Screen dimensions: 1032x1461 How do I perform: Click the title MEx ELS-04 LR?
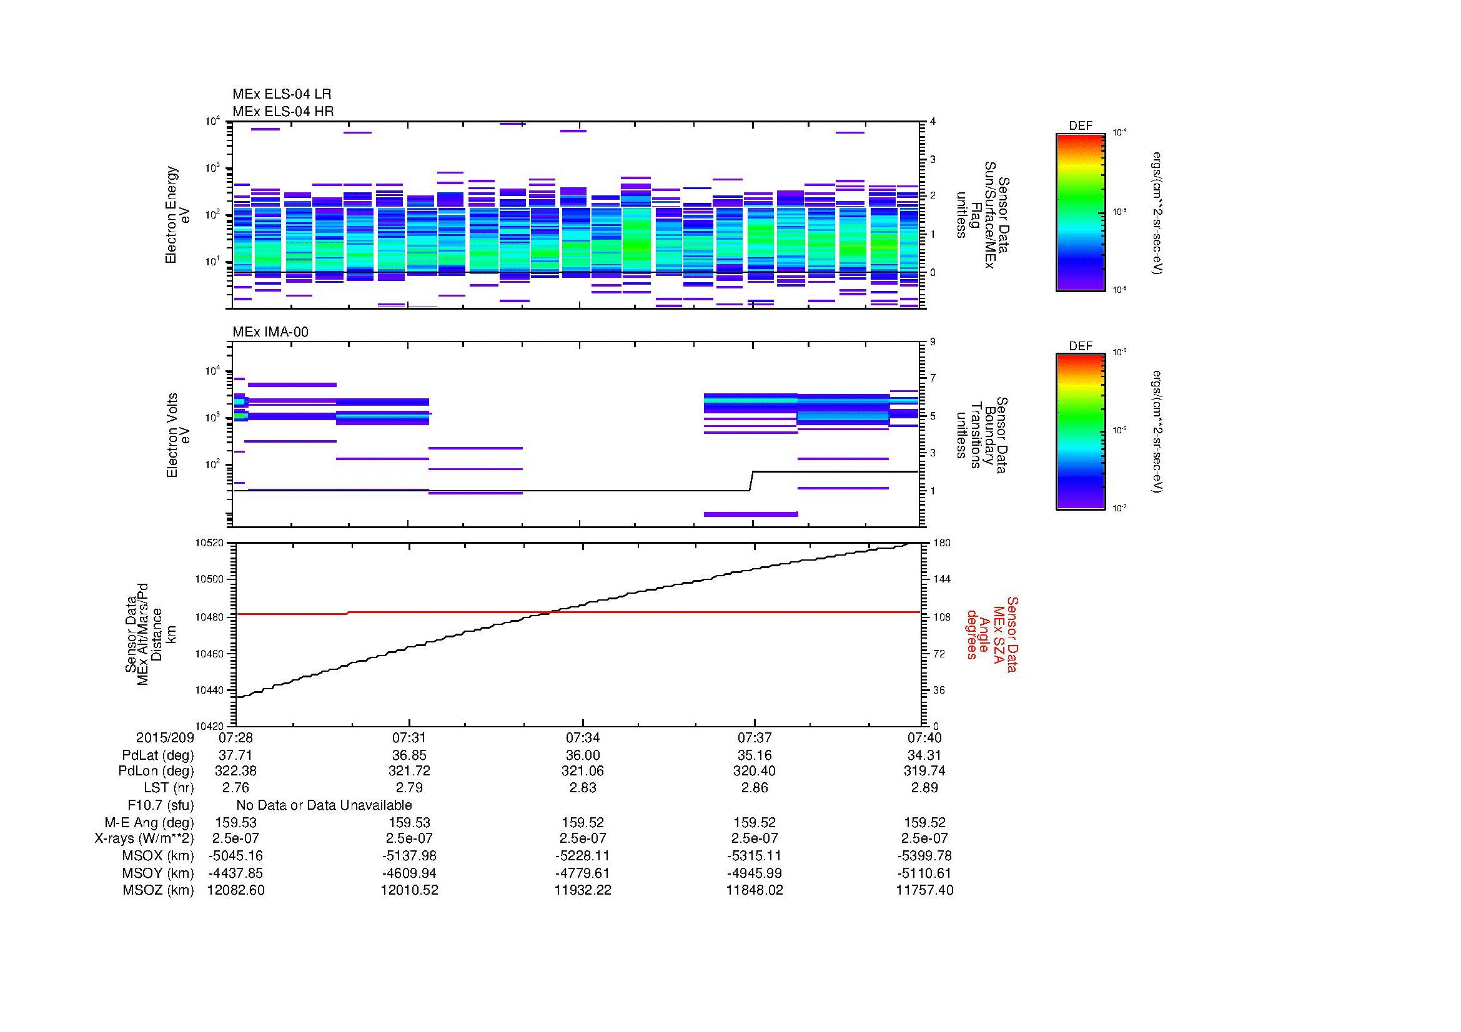281,94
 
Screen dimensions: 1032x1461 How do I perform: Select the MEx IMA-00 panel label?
270,332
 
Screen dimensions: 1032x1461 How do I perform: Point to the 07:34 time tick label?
582,738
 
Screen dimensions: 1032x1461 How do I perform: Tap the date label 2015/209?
164,738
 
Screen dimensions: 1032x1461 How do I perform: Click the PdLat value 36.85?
409,755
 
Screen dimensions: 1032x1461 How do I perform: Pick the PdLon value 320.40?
755,771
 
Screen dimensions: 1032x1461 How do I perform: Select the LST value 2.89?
924,788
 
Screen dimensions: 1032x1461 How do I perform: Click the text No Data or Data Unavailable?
324,805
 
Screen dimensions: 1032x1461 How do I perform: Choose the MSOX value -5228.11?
582,856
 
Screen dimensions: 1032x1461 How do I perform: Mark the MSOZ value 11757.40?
924,890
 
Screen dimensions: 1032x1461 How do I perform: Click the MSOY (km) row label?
158,873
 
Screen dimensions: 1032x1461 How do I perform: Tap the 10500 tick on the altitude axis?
210,579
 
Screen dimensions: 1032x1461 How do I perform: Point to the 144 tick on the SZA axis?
942,579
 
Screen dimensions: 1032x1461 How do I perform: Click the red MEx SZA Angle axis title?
991,634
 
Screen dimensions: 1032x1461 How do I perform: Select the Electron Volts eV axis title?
178,435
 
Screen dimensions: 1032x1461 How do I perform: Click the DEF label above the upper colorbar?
1080,126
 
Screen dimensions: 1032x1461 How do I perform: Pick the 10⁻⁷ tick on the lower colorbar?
1120,508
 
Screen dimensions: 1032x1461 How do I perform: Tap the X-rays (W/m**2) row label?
144,838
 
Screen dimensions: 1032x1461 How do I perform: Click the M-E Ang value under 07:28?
235,822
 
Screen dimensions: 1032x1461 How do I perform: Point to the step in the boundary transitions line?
751,481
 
